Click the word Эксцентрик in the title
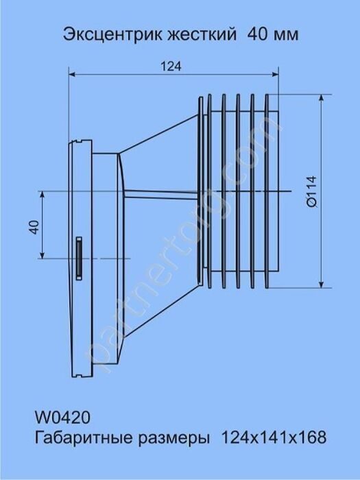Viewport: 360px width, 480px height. pyautogui.click(x=113, y=35)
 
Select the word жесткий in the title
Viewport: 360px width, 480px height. pyautogui.click(x=202, y=34)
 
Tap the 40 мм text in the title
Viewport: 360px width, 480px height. pyautogui.click(x=273, y=35)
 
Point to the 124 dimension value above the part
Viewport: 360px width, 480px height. pyautogui.click(x=171, y=66)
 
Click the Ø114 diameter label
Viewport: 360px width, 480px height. pyautogui.click(x=312, y=192)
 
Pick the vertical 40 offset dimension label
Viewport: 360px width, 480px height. pyautogui.click(x=34, y=227)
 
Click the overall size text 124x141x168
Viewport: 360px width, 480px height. pyautogui.click(x=274, y=437)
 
